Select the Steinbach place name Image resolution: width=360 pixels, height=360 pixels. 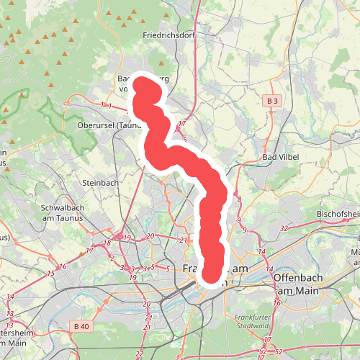(99, 183)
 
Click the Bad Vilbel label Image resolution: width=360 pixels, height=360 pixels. (279, 157)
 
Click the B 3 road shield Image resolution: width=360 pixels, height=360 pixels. (271, 102)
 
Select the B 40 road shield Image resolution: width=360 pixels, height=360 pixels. (81, 327)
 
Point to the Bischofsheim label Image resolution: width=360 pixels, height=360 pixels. (338, 215)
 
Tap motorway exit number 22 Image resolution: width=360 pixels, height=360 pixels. (138, 355)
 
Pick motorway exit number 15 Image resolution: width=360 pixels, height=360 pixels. (51, 274)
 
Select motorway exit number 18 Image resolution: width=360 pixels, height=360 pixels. (107, 244)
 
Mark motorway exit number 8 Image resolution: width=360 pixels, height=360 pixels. (239, 199)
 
